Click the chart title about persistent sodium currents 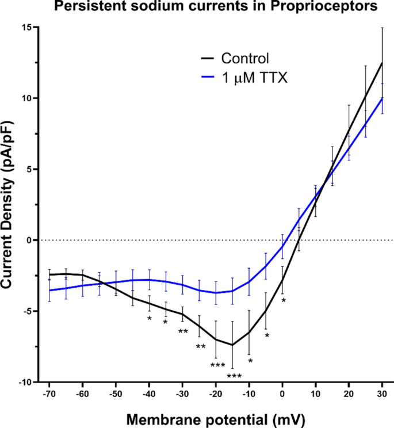point(197,7)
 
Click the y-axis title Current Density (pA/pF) point(9,204)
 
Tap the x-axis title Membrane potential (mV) point(216,417)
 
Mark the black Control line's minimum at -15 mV point(232,345)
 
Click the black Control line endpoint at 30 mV point(382,63)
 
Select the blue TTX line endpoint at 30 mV point(382,98)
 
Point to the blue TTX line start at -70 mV point(49,290)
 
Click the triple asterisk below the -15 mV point point(234,377)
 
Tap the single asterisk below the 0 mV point point(284,300)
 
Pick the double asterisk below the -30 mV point point(183,331)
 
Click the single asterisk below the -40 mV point point(150,319)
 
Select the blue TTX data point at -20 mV point(216,293)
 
